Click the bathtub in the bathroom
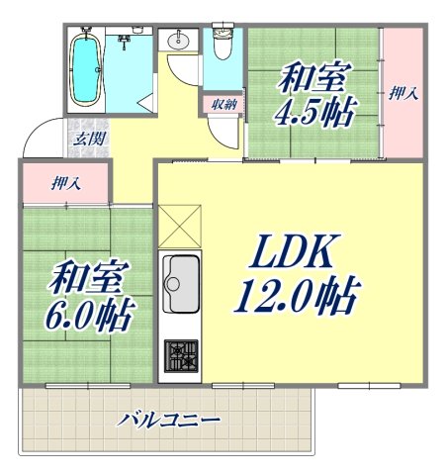tap(87, 67)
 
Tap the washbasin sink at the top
tap(180, 42)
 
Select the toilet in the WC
tap(223, 44)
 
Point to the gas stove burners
tap(180, 354)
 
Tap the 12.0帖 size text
tap(295, 294)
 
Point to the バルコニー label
tap(168, 419)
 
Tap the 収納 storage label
tap(222, 104)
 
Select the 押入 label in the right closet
tap(402, 94)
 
